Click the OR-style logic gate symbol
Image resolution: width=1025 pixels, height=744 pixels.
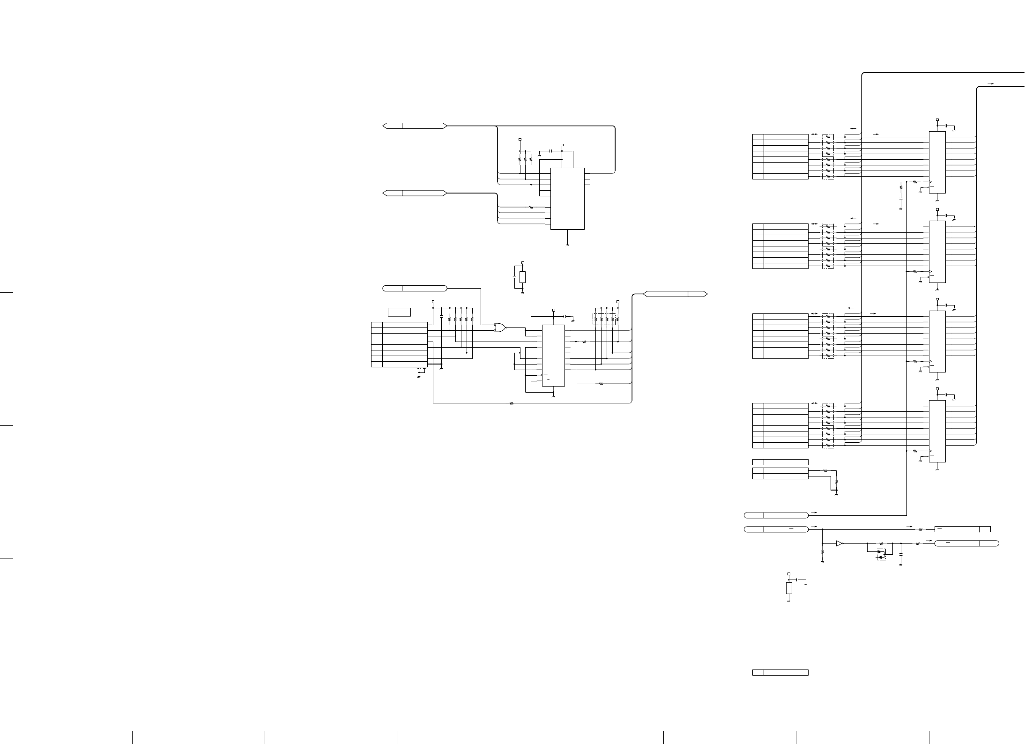click(x=500, y=328)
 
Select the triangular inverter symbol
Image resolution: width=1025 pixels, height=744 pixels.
click(x=839, y=543)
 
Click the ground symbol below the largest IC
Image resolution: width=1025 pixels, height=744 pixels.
click(x=567, y=245)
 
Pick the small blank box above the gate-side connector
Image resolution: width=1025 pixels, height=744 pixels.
click(x=399, y=312)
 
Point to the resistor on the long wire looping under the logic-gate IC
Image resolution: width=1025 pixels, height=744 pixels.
click(x=511, y=403)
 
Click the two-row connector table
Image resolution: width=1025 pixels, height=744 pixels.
click(x=780, y=474)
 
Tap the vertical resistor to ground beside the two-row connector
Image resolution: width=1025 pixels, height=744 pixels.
click(x=836, y=481)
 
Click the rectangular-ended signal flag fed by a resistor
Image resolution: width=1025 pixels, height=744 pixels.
click(x=962, y=529)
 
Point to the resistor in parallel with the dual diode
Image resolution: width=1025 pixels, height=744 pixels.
click(x=881, y=543)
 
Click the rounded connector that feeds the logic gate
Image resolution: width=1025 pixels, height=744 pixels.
click(x=415, y=288)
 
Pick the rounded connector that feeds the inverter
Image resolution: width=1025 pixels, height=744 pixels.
click(x=776, y=529)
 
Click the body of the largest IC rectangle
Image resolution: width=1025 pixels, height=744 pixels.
click(x=567, y=199)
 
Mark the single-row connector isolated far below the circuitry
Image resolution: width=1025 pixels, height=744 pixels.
click(x=780, y=673)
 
